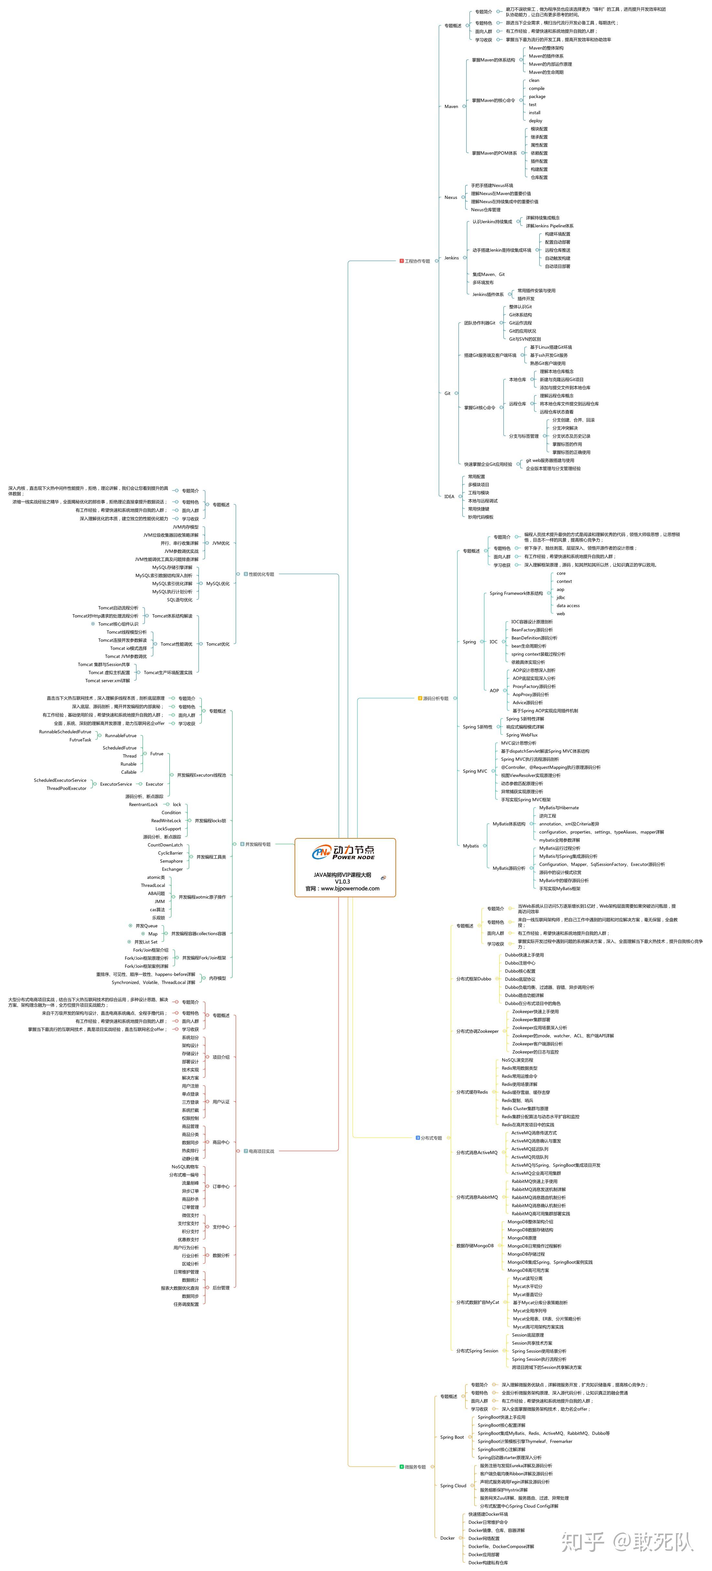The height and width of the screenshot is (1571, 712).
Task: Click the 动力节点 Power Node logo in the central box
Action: [344, 852]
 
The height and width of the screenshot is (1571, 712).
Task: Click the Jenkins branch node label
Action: [451, 258]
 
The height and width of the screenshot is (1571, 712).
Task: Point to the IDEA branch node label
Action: [449, 496]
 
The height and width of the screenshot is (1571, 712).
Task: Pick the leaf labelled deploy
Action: [535, 121]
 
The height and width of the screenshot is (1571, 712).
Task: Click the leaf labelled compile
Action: [536, 88]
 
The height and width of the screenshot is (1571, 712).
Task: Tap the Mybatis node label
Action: [470, 846]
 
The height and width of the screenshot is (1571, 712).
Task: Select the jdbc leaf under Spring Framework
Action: [561, 598]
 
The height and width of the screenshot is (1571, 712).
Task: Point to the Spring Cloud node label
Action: [453, 1486]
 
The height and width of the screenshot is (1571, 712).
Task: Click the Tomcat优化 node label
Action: [218, 644]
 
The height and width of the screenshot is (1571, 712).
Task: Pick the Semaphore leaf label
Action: [171, 861]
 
